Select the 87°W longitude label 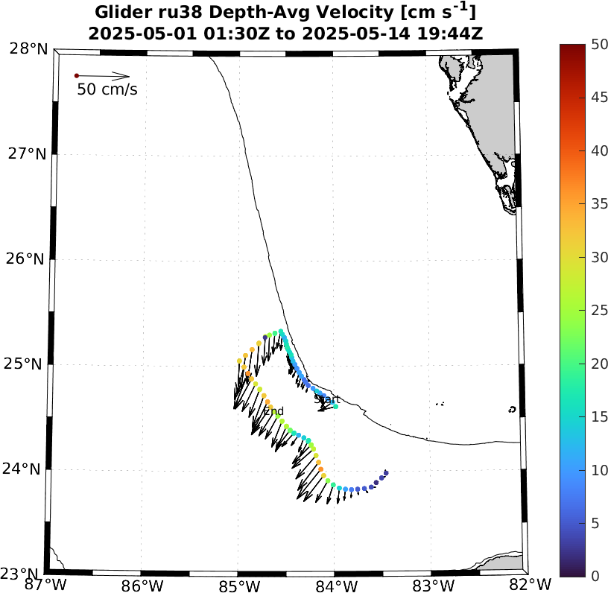45,583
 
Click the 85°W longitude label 238,583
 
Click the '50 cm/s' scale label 107,90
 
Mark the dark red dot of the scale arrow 76,75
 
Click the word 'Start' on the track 326,399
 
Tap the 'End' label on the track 273,410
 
